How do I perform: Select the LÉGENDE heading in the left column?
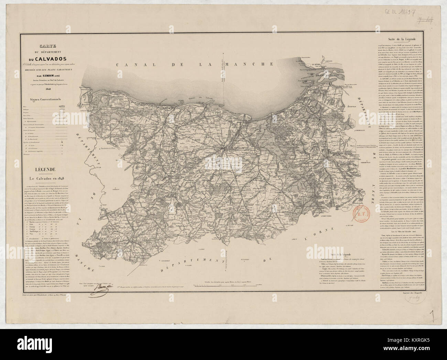[52, 169]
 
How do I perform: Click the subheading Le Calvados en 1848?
[53, 178]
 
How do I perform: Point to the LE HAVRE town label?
[316, 64]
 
